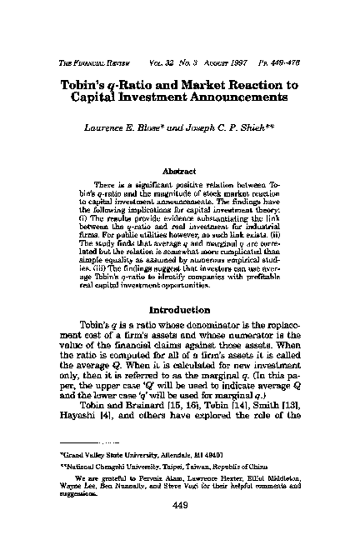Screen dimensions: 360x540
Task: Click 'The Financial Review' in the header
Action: [91, 41]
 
